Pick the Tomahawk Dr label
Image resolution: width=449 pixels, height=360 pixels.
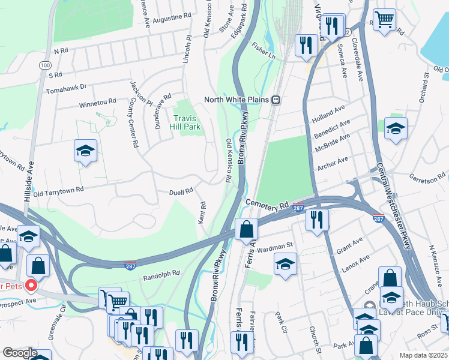66,91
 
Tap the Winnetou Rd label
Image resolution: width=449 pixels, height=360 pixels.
97,103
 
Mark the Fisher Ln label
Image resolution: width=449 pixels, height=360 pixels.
264,49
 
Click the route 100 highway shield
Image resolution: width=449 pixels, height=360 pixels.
46,64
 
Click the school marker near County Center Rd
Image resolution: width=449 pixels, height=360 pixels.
85,151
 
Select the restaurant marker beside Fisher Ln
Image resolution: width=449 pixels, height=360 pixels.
306,44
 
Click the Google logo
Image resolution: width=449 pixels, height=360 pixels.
19,353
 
